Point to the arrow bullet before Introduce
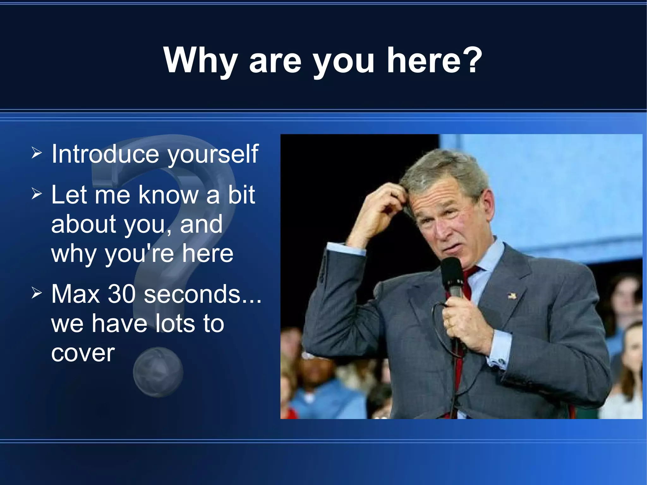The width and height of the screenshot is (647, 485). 37,153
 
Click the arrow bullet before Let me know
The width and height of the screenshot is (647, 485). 37,194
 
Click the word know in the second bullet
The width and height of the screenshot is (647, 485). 168,195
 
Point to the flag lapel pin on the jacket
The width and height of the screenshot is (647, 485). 512,296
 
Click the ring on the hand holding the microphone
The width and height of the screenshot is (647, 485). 449,322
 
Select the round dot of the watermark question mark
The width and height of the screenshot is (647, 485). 158,372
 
